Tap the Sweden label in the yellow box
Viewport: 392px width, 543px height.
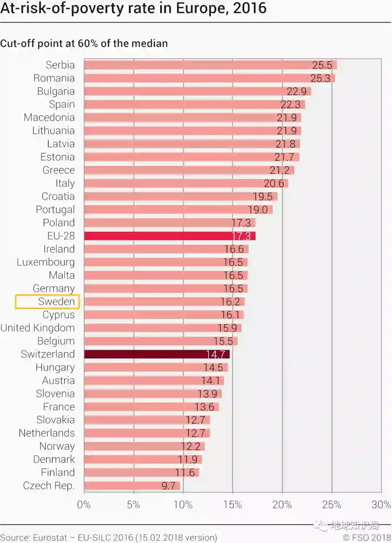click(56, 301)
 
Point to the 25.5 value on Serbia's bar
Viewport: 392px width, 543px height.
click(322, 65)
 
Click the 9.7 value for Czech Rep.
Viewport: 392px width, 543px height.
click(168, 486)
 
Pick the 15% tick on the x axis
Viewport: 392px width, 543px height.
click(232, 504)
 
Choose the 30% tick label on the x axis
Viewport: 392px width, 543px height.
click(381, 504)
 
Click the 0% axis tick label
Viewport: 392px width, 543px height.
click(83, 504)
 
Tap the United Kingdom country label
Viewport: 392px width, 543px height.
click(38, 328)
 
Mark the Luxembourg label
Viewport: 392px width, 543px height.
click(46, 262)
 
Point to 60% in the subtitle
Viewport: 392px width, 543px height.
click(87, 44)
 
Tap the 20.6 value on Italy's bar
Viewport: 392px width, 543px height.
click(274, 183)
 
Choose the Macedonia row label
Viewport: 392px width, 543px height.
click(49, 118)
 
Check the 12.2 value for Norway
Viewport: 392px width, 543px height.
click(191, 446)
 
